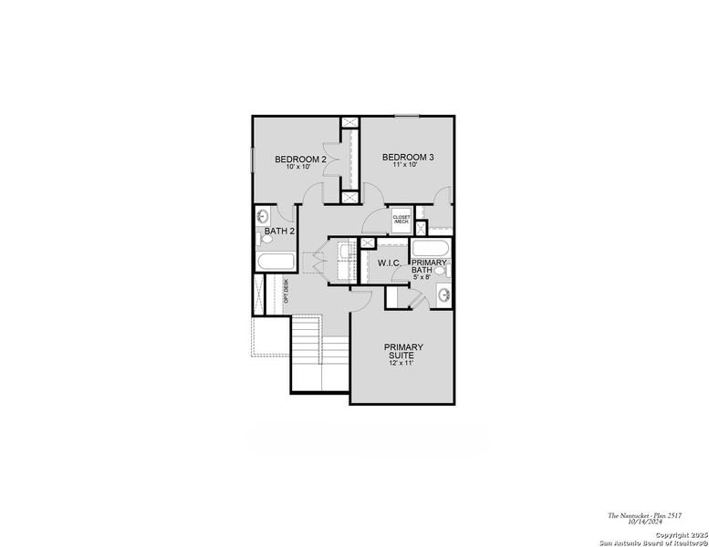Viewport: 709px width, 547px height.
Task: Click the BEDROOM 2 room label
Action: coord(300,160)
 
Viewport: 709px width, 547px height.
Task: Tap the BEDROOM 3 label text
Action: coord(408,157)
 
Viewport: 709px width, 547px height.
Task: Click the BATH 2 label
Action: coord(279,232)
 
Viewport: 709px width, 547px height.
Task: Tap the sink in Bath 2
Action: coord(263,216)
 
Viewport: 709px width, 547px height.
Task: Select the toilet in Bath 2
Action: coord(260,239)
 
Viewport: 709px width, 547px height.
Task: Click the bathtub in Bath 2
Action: coord(271,263)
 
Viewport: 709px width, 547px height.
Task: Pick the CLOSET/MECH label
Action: coord(401,220)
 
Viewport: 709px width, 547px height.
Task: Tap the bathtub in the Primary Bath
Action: coord(430,249)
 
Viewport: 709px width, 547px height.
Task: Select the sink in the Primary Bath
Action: coord(443,294)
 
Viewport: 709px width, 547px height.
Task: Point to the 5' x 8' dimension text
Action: coord(429,277)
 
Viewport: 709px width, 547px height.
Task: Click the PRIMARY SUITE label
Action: coord(402,351)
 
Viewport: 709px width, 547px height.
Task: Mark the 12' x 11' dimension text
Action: coord(402,364)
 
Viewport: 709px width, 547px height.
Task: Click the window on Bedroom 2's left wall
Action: coord(253,163)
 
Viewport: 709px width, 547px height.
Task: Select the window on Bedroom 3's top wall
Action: coord(406,115)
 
